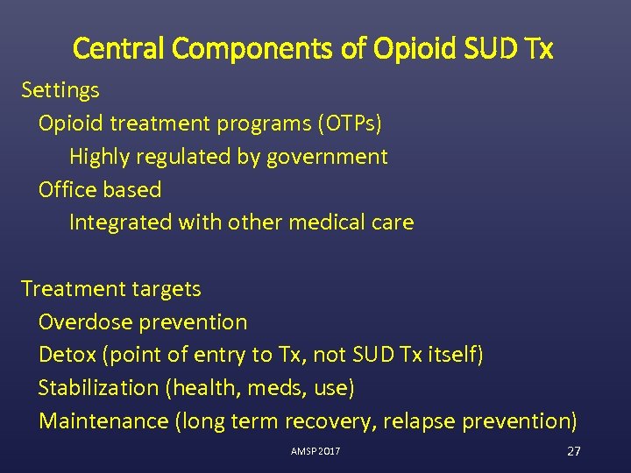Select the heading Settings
pos(60,90)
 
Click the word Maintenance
pos(103,421)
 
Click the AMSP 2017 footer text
pos(315,451)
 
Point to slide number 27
pos(574,451)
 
